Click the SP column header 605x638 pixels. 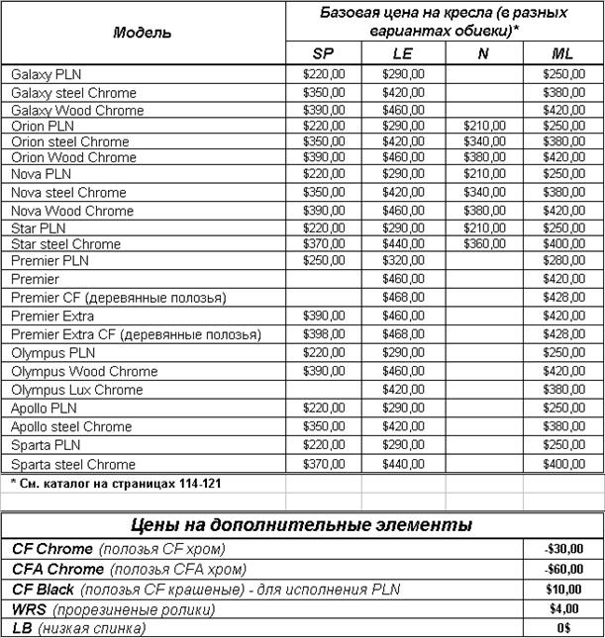click(324, 53)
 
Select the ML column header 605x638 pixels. click(562, 53)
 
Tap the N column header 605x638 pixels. click(483, 53)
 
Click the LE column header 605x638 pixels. click(403, 53)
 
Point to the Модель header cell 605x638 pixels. click(143, 32)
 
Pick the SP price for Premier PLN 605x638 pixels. click(324, 261)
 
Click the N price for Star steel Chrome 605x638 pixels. click(484, 243)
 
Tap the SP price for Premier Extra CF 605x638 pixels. click(324, 335)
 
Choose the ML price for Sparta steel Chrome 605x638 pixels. click(562, 464)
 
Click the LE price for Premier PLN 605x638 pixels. click(403, 261)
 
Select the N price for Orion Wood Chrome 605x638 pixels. click(484, 157)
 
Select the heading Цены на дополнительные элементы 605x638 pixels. click(302, 524)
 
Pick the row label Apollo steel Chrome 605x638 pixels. click(70, 426)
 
